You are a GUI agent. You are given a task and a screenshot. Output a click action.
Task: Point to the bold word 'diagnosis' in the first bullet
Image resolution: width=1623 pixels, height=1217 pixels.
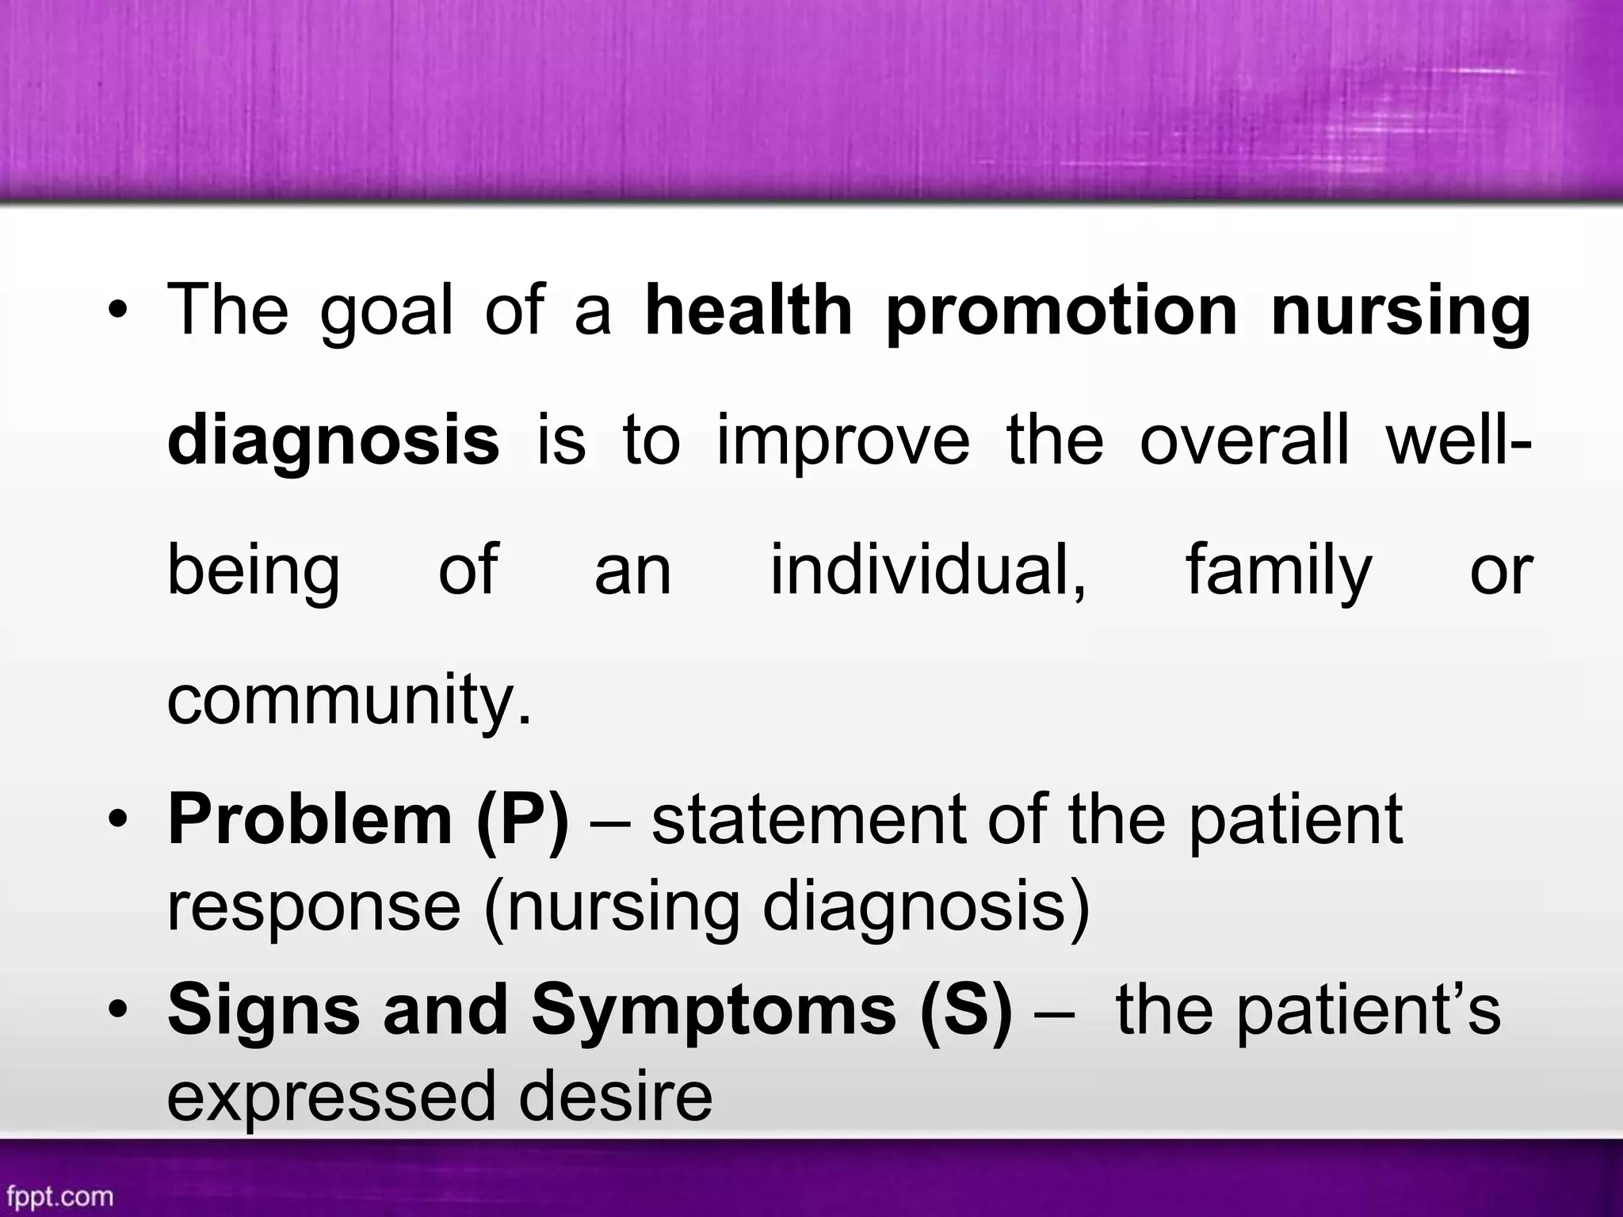coord(333,442)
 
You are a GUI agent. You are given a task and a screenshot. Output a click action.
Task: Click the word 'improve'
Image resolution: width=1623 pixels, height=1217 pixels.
coord(843,442)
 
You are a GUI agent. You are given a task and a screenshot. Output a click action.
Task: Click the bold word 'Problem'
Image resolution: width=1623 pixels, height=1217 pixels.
coord(310,819)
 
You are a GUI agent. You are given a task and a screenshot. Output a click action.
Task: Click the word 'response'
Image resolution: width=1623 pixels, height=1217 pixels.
coord(314,908)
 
